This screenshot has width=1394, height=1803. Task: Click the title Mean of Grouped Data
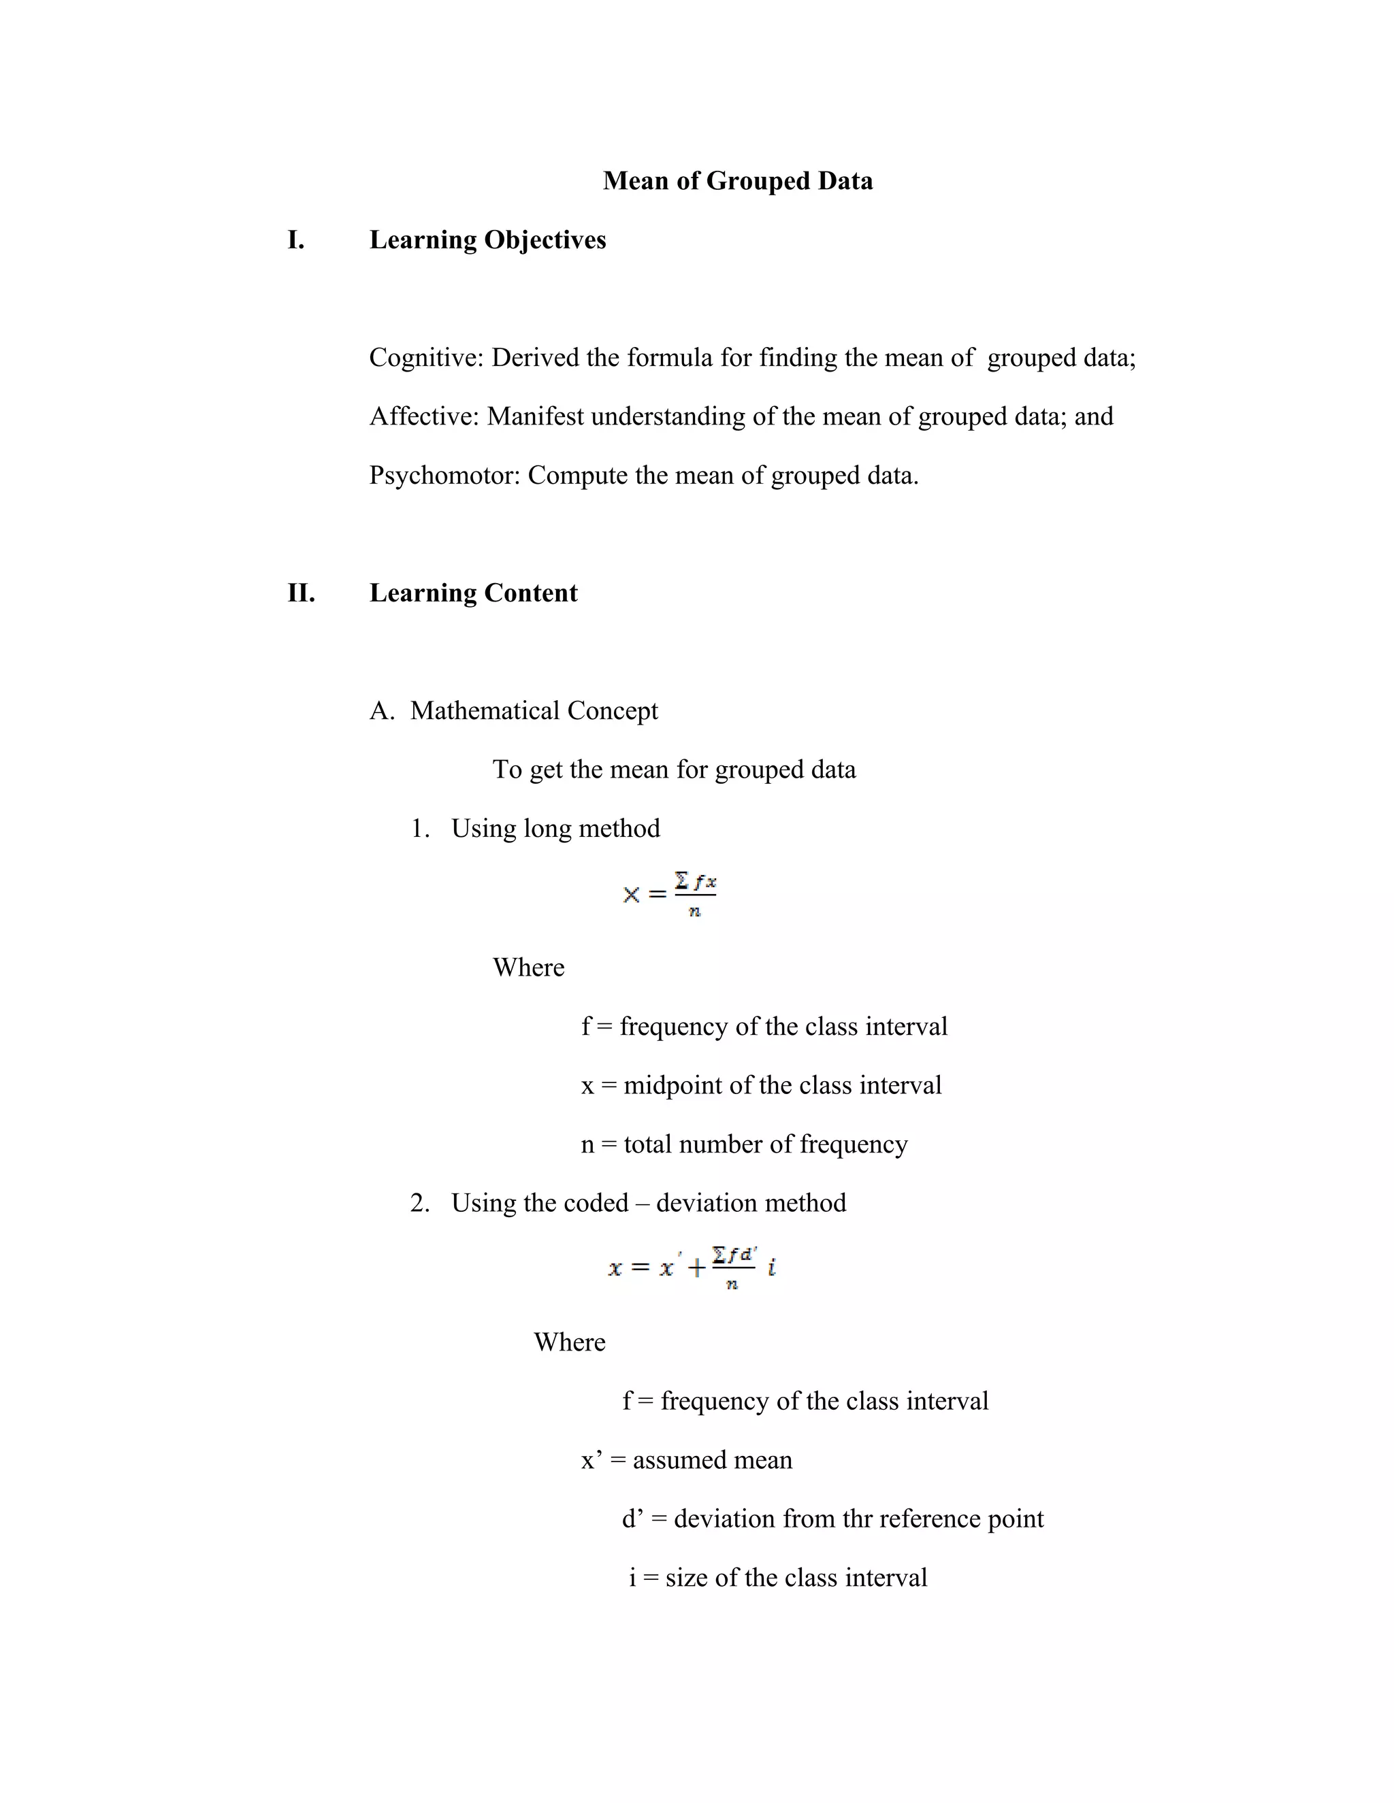pos(736,181)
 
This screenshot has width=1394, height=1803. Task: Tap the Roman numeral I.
pos(295,240)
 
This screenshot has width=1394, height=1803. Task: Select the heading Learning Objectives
pos(487,240)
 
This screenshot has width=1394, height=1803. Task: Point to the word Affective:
pos(423,416)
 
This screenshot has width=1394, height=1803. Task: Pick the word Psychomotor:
pos(444,476)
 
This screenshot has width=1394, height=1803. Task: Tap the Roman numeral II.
pos(301,593)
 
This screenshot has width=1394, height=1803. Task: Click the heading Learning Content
pos(473,593)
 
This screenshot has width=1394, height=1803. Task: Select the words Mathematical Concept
pos(534,711)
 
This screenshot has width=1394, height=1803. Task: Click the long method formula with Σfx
pos(670,894)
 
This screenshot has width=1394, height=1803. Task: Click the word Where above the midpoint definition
pos(528,967)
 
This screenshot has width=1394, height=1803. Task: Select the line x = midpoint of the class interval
pos(760,1086)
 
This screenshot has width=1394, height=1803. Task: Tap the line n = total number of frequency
pos(744,1144)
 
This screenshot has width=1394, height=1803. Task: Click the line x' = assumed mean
pos(686,1460)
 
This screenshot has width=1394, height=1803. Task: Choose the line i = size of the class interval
pos(777,1578)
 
